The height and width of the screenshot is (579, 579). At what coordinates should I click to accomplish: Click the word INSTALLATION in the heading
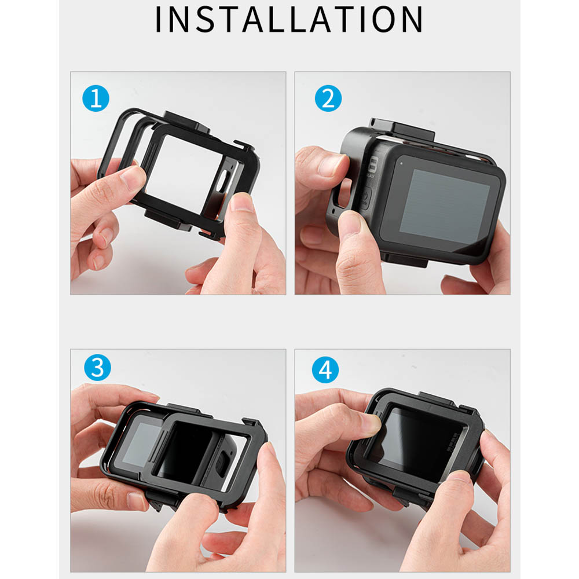[289, 19]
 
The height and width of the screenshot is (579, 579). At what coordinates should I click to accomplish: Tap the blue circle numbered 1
[96, 98]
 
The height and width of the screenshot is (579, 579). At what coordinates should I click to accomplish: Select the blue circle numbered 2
[328, 98]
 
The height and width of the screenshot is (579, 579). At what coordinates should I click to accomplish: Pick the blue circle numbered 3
[97, 368]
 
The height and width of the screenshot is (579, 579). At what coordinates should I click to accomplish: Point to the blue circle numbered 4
[325, 369]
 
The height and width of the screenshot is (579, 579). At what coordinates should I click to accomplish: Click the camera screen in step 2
[445, 207]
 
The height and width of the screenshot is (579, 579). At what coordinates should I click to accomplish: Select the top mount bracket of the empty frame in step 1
[187, 122]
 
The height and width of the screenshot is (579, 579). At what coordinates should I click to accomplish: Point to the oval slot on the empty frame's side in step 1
[222, 182]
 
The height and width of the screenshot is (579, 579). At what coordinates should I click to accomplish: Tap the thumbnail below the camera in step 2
[350, 223]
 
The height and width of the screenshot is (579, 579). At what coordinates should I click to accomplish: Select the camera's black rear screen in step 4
[419, 445]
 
